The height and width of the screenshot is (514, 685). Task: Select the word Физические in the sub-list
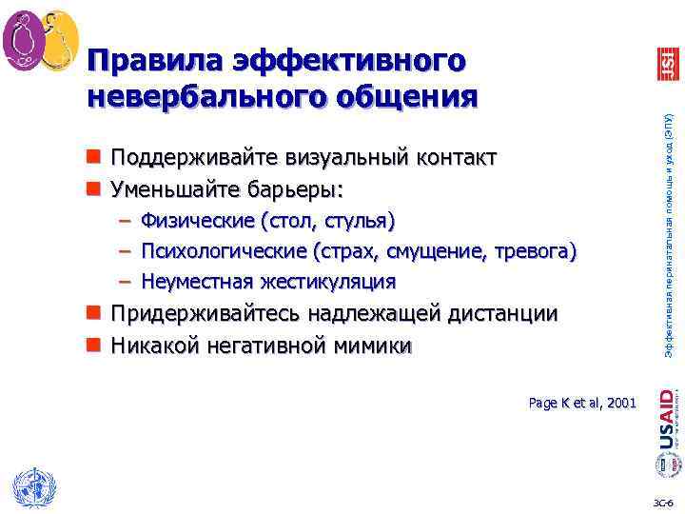pyautogui.click(x=196, y=221)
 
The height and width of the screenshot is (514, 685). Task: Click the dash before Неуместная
pyautogui.click(x=126, y=282)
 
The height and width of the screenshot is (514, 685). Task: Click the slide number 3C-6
pyautogui.click(x=663, y=502)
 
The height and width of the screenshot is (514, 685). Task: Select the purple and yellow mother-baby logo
pyautogui.click(x=39, y=40)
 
